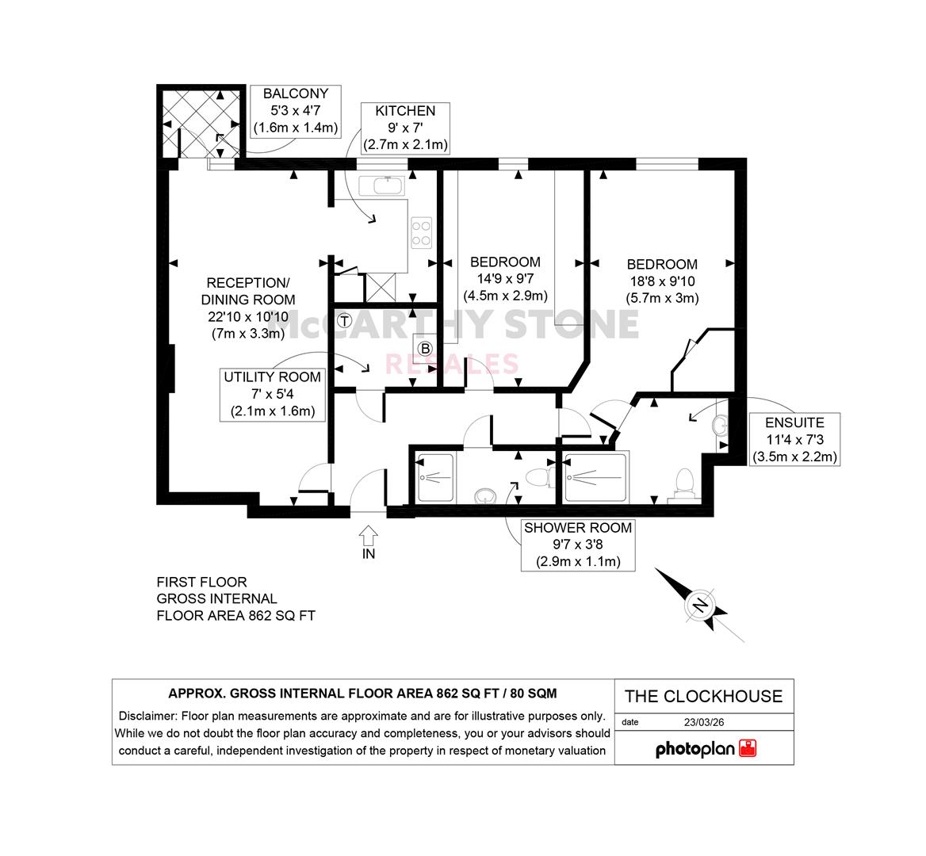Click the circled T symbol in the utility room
[x=344, y=321]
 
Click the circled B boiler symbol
[x=425, y=348]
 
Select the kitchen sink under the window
[x=381, y=186]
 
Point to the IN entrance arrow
[x=368, y=536]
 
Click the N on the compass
[x=700, y=606]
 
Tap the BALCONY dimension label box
[x=295, y=111]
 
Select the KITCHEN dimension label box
[x=405, y=128]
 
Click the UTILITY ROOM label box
[x=272, y=395]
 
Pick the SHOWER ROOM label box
[x=578, y=545]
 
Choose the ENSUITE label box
[x=794, y=439]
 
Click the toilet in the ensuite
[x=684, y=485]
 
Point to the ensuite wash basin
[x=721, y=425]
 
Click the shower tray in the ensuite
[x=595, y=477]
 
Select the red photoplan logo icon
[x=748, y=748]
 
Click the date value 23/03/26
[x=704, y=722]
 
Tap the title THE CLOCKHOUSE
[x=703, y=697]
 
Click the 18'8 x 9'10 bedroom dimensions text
[x=662, y=281]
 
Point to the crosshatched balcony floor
[x=201, y=123]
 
